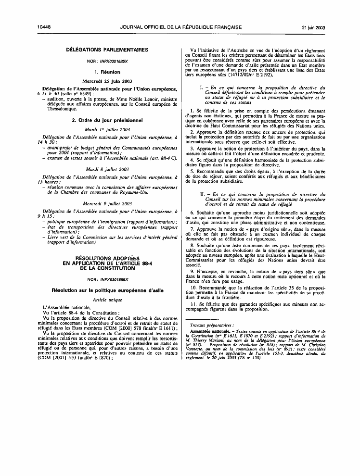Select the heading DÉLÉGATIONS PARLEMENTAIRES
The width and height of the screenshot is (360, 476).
pyautogui.click(x=107, y=50)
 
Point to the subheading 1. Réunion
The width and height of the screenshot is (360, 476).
pyautogui.click(x=107, y=72)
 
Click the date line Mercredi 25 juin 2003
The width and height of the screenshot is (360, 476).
pyautogui.click(x=107, y=81)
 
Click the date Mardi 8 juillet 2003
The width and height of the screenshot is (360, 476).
pyautogui.click(x=107, y=169)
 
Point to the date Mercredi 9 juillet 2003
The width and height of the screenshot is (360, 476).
pyautogui.click(x=107, y=203)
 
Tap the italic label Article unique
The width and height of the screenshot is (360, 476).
pyautogui.click(x=107, y=300)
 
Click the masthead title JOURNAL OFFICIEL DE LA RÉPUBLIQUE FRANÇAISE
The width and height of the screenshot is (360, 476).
pyautogui.click(x=181, y=27)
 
